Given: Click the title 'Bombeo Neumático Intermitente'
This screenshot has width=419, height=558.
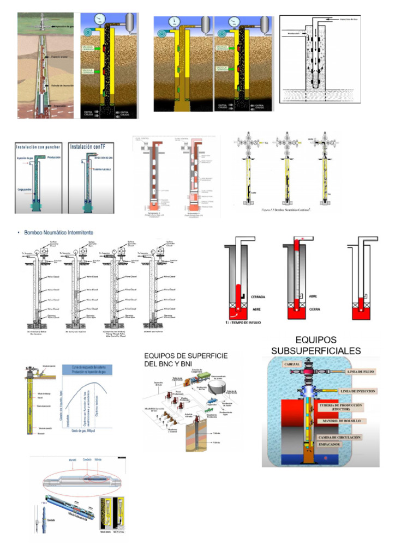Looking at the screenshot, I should pos(58,233).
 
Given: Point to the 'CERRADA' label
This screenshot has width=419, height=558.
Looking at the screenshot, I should pos(258,298).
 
